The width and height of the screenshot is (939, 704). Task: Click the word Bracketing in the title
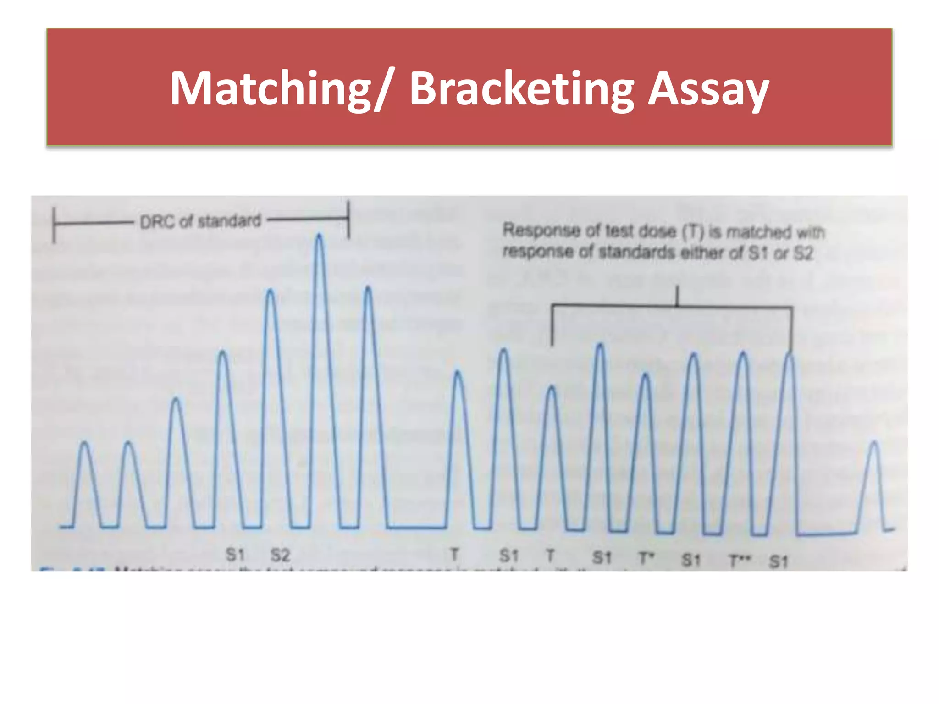pos(521,89)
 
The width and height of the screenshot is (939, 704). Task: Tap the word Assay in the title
pos(708,89)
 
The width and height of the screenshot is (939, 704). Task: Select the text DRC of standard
pos(200,222)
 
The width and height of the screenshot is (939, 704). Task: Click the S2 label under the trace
pos(280,555)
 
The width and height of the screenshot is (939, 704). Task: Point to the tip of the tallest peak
pos(319,236)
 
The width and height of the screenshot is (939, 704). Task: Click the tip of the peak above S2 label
pos(271,291)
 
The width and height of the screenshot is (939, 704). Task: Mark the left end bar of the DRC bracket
pos(54,225)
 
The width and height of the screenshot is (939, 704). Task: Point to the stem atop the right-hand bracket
pos(677,296)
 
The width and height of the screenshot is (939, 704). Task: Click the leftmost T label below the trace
pos(454,555)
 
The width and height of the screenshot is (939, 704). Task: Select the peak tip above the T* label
pos(645,375)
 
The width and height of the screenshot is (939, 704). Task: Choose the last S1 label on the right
pos(779,561)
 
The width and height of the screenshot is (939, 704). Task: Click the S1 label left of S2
pos(235,555)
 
